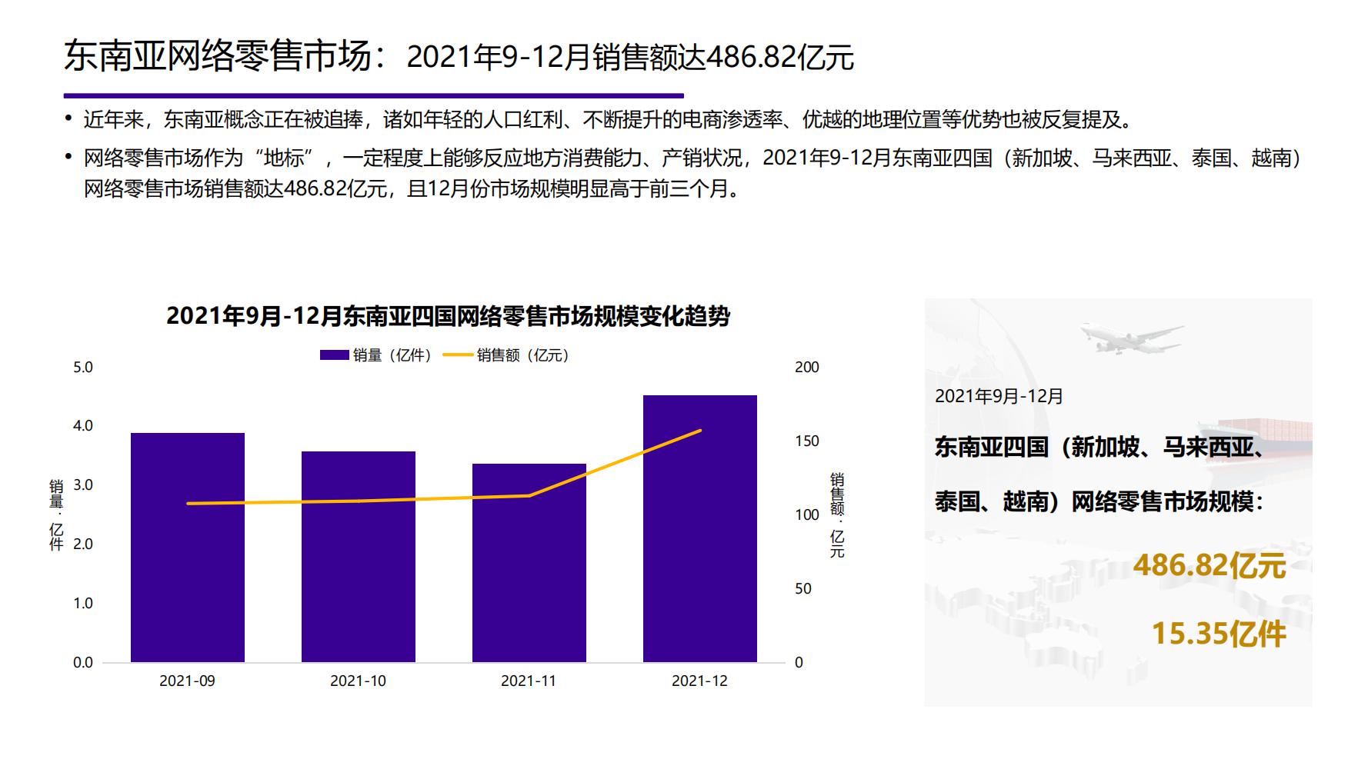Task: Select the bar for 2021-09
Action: click(187, 547)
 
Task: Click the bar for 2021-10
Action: click(358, 556)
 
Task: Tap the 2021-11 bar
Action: click(529, 562)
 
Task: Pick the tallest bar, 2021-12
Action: click(699, 528)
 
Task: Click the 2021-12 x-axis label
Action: click(699, 681)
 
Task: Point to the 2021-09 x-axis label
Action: click(187, 681)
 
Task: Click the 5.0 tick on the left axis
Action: click(82, 368)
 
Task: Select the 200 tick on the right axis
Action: click(806, 368)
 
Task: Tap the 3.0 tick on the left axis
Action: click(82, 485)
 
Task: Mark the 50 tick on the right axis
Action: click(802, 589)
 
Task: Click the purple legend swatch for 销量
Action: click(334, 355)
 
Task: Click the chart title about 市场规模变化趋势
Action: click(448, 316)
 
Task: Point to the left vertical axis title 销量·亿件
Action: click(56, 515)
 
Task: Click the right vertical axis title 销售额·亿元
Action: click(837, 515)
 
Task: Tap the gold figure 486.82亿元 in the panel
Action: click(1209, 566)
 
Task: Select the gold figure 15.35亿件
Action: click(1218, 634)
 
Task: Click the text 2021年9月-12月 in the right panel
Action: click(999, 397)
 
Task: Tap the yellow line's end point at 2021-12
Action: click(701, 431)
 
